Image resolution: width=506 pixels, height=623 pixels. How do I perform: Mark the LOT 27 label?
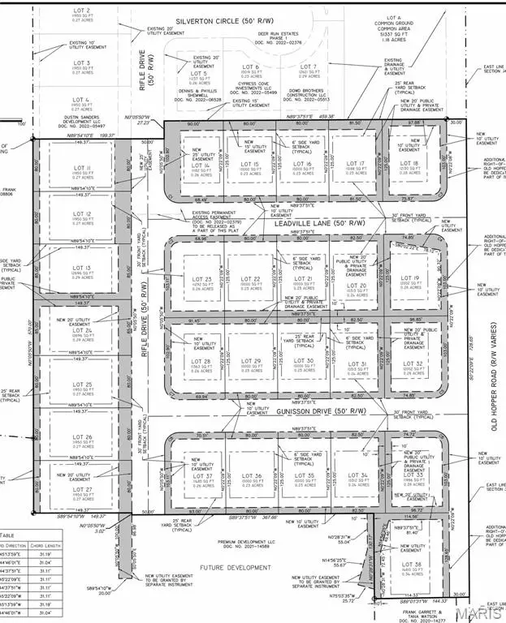click(84, 489)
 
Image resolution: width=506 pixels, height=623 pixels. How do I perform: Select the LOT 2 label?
click(82, 10)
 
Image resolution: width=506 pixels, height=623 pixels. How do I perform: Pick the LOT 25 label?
click(84, 385)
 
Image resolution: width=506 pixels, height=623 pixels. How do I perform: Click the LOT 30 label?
click(304, 360)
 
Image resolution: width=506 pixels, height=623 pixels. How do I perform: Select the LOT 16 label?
click(303, 164)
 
